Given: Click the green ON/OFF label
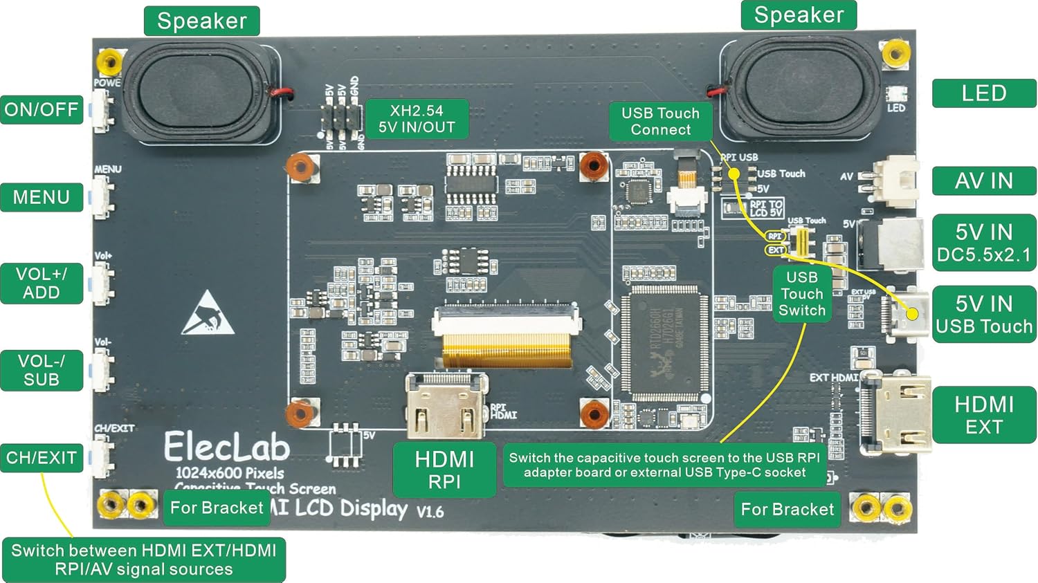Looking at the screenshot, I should (42, 109).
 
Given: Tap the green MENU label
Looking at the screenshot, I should (42, 197).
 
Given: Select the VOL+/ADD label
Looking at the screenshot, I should (42, 283).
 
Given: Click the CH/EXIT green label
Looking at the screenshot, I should (42, 458).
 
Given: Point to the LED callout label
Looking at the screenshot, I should (983, 93).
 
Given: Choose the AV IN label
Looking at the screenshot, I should (983, 181).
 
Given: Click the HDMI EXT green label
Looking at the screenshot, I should (983, 415).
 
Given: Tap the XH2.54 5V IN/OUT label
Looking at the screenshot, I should (417, 119).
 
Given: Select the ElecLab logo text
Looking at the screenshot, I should (226, 447).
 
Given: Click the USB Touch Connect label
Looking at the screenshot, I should (660, 121).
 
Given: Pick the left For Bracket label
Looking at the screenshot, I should (217, 508).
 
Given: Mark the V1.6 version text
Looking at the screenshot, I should (430, 512).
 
